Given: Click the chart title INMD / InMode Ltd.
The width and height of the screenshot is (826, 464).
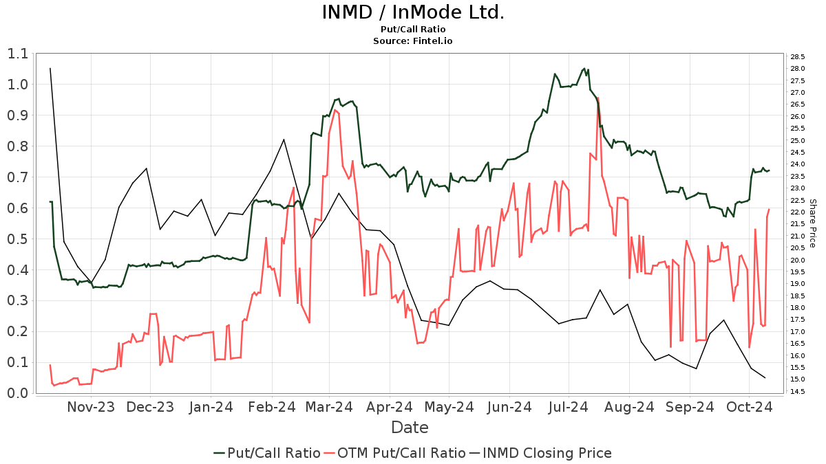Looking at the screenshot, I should pyautogui.click(x=413, y=12).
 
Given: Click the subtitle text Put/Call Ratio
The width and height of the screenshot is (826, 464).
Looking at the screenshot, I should pyautogui.click(x=413, y=30).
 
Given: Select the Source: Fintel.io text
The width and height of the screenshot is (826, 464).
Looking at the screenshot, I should pyautogui.click(x=413, y=41).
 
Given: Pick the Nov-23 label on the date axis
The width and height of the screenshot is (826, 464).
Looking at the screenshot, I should pyautogui.click(x=91, y=407).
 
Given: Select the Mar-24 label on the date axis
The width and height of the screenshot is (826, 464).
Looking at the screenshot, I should pyautogui.click(x=331, y=407).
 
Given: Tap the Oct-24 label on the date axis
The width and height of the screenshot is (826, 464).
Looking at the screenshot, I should pyautogui.click(x=750, y=407).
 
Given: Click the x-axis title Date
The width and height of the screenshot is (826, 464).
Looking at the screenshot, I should pyautogui.click(x=410, y=428).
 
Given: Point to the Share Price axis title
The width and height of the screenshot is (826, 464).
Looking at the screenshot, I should pyautogui.click(x=812, y=223).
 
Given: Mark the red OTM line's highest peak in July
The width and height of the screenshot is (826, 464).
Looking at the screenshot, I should pyautogui.click(x=598, y=98).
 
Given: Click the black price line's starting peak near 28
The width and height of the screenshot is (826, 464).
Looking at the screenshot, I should pyautogui.click(x=50, y=68).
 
